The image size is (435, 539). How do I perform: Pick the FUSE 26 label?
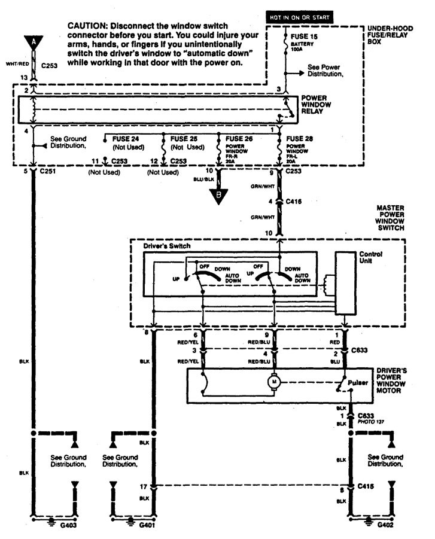[239, 138]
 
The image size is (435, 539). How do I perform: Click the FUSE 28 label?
[297, 138]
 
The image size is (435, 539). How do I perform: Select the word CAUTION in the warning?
[89, 26]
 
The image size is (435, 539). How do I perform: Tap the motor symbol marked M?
[273, 380]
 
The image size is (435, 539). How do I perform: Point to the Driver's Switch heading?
[160, 246]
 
